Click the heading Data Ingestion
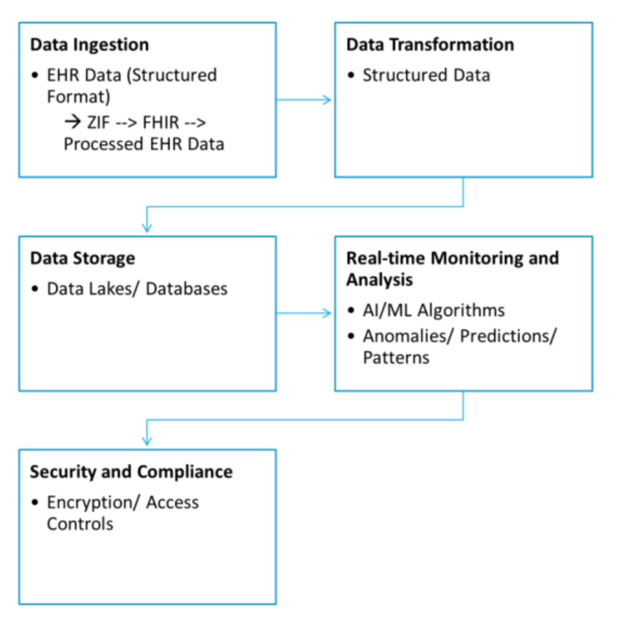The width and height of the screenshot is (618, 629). [89, 44]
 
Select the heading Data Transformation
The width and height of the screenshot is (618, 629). [430, 44]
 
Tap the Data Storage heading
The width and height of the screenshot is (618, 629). [82, 258]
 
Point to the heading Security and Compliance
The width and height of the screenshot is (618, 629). [131, 472]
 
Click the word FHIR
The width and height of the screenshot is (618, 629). [160, 123]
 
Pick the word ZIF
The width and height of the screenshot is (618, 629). [98, 123]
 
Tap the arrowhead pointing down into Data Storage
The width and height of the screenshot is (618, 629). [147, 227]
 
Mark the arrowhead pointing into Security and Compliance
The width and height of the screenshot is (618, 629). [147, 441]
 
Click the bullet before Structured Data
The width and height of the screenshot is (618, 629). [351, 75]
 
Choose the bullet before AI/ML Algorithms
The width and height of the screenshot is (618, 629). [351, 310]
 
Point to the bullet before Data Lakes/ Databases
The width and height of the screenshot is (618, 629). [35, 288]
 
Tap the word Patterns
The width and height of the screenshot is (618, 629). [396, 358]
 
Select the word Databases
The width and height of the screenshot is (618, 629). [186, 288]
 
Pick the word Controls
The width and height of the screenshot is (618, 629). [80, 524]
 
